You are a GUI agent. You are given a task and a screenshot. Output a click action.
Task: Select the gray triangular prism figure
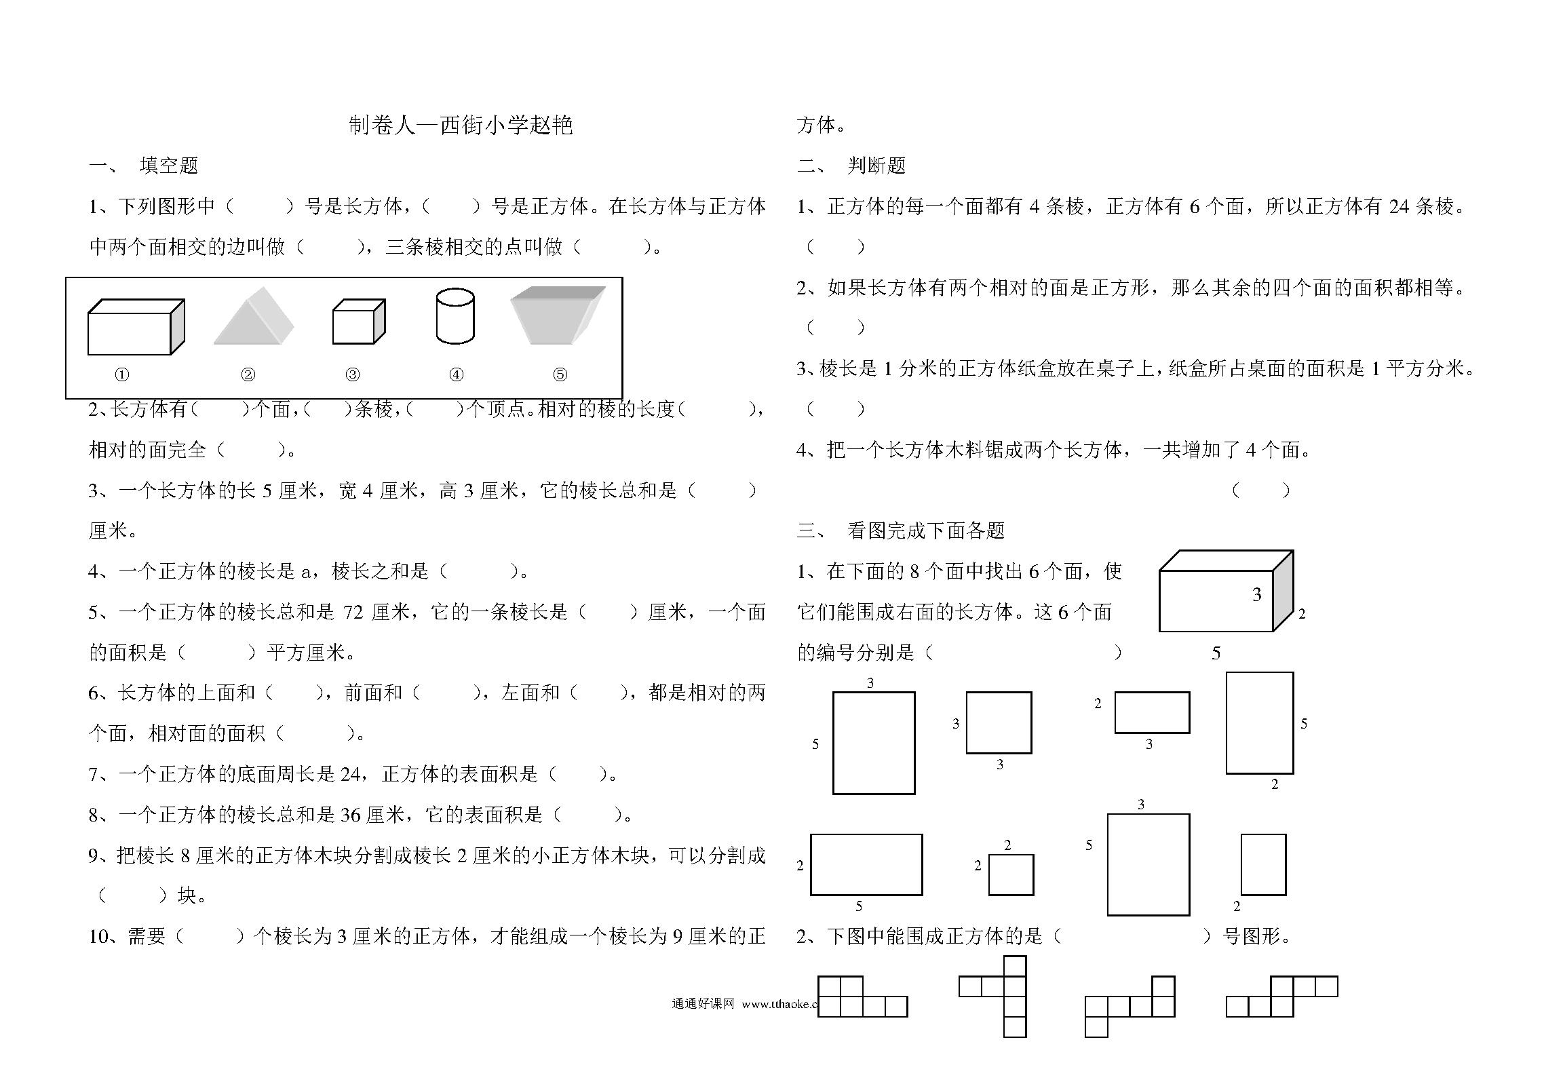tap(254, 316)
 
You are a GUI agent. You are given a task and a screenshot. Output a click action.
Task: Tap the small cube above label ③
tap(359, 321)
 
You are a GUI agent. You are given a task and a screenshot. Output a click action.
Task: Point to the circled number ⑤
tap(560, 374)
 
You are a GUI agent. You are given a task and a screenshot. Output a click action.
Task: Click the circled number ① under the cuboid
tap(122, 374)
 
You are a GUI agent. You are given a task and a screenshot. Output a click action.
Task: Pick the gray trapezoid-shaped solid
tap(558, 315)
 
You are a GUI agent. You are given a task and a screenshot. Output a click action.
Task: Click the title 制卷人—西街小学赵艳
tap(461, 125)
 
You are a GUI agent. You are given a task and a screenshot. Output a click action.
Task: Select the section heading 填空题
tap(169, 166)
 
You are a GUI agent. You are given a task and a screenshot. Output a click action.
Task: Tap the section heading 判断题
tap(876, 166)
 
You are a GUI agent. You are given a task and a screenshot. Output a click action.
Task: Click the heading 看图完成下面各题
tap(926, 530)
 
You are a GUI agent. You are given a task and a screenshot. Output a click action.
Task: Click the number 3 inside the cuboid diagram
tap(1256, 595)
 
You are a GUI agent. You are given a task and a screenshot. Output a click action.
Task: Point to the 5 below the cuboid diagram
tap(1216, 653)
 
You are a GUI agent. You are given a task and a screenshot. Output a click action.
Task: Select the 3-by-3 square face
tap(999, 722)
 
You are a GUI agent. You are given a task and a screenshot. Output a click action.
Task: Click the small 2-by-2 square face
tap(1011, 874)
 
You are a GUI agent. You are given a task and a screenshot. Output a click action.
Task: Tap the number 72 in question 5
tap(353, 613)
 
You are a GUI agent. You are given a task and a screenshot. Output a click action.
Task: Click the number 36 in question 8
tap(350, 815)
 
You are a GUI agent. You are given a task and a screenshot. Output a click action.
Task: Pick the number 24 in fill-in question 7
tap(350, 774)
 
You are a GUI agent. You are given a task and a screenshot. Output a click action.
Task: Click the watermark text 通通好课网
tap(703, 1004)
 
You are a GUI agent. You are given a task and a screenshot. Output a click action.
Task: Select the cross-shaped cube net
tap(992, 997)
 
